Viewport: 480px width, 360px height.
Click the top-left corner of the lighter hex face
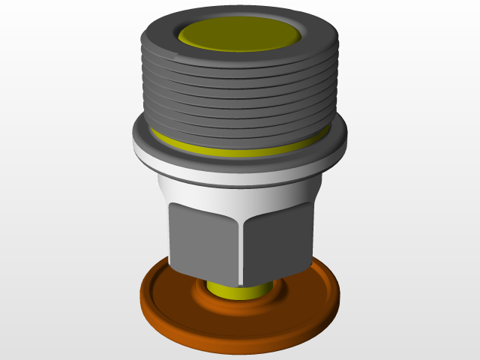point(172,203)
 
